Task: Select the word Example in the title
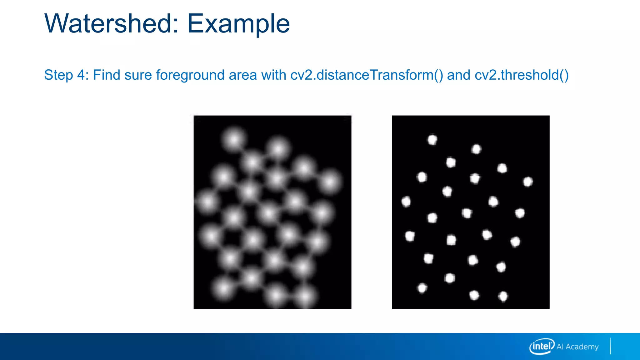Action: (x=238, y=24)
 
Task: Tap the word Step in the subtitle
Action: (x=58, y=75)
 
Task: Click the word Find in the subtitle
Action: (x=107, y=75)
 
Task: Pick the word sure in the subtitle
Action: (x=138, y=75)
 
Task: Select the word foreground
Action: (x=190, y=75)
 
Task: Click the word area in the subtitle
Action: (x=243, y=75)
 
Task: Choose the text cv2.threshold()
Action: (x=522, y=75)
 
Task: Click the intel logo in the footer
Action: (x=542, y=346)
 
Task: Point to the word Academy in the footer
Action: (x=582, y=347)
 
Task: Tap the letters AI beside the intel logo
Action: (x=560, y=347)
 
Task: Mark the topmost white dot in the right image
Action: (x=432, y=139)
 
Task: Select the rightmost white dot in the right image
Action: (x=528, y=182)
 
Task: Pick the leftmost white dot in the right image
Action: (x=406, y=202)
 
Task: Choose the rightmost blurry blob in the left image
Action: (x=330, y=182)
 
